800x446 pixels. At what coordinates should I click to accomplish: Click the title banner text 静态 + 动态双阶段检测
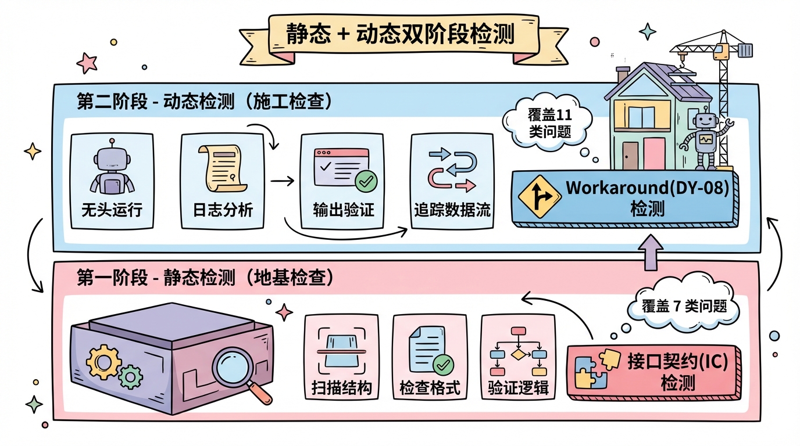[x=400, y=34]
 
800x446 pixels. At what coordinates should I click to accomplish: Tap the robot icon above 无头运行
[x=112, y=169]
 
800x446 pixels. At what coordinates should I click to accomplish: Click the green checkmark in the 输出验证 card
[x=366, y=182]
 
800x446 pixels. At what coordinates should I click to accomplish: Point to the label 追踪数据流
[x=452, y=210]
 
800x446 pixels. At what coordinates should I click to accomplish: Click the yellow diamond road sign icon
[x=539, y=196]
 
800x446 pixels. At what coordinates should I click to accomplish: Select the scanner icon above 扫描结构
[x=341, y=350]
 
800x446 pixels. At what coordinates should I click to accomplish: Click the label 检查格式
[x=430, y=388]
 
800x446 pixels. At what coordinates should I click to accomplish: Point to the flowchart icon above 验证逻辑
[x=518, y=351]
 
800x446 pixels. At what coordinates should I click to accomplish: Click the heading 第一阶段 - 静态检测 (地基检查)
[x=205, y=278]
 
